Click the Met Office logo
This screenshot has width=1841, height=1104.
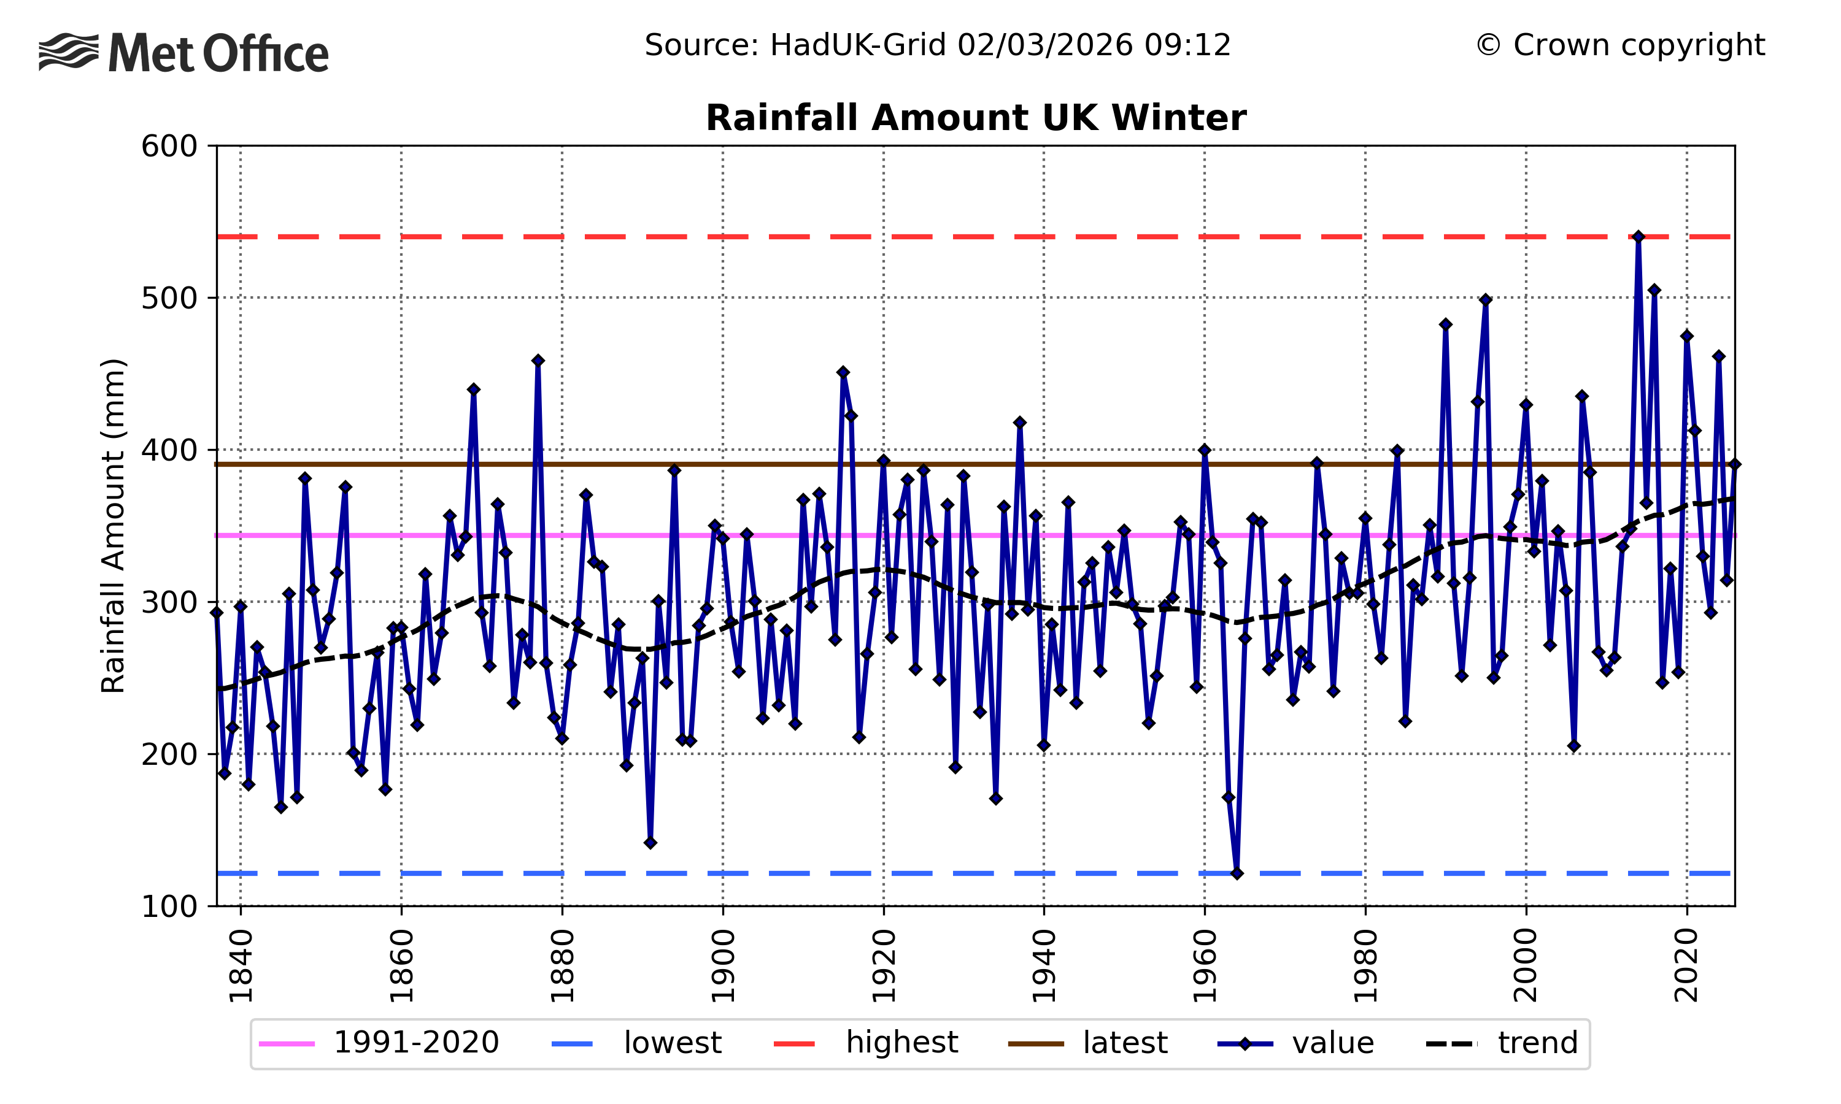coord(183,53)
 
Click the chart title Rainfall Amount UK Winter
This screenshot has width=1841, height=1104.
coord(976,118)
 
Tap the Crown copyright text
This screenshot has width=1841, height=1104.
coord(1620,45)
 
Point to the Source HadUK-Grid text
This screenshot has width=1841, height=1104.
coord(938,45)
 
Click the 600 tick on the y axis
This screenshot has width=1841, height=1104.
coord(169,147)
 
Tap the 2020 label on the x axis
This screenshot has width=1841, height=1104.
coord(1687,965)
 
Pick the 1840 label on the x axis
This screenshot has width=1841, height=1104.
coord(241,965)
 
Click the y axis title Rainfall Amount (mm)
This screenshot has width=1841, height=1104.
coord(113,526)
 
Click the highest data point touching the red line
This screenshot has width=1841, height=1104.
coord(1638,237)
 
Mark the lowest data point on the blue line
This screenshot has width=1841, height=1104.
coord(1237,873)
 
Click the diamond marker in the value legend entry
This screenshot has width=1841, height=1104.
coord(1245,1044)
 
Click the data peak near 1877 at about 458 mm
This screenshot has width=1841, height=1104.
coord(538,361)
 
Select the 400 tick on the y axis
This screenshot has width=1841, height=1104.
coord(169,450)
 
